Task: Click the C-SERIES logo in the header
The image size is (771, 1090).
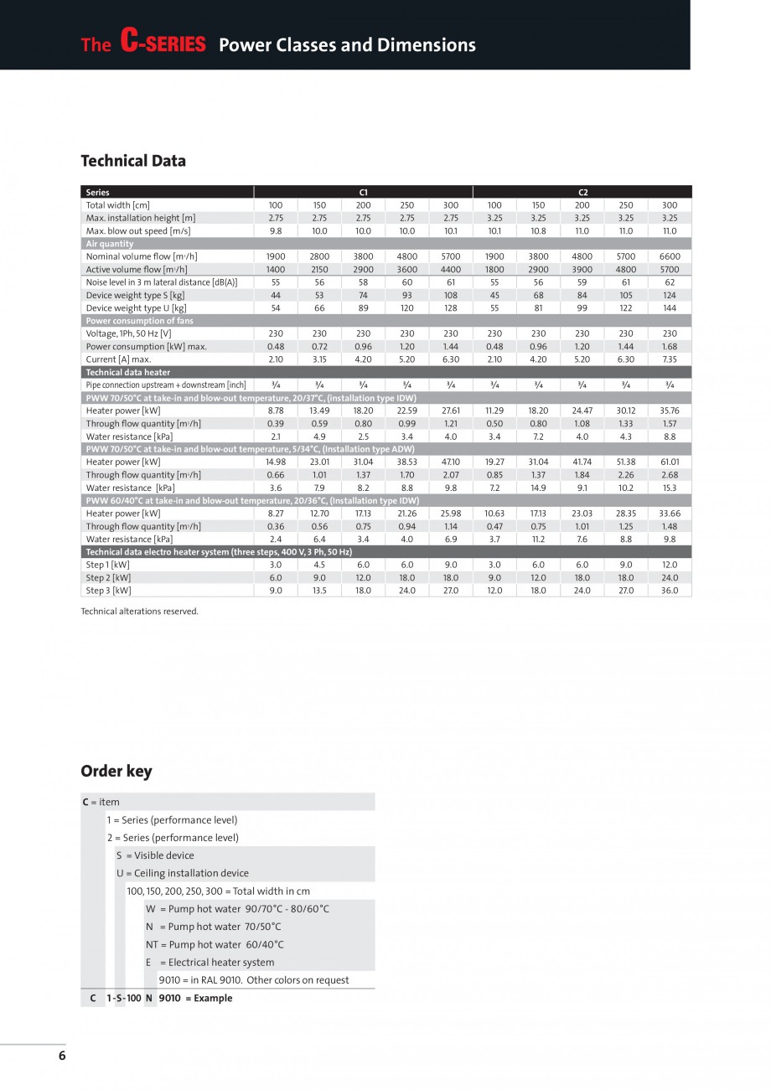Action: (x=163, y=43)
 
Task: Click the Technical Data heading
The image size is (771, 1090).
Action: (x=133, y=161)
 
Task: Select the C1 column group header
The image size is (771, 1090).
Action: (x=363, y=192)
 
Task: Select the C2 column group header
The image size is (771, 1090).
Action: (x=582, y=192)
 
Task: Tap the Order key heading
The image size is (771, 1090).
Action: (x=116, y=771)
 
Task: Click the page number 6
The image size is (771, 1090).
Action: (x=62, y=1056)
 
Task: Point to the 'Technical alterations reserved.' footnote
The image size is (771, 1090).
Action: (x=139, y=611)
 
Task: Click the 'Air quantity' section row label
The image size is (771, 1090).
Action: (x=110, y=244)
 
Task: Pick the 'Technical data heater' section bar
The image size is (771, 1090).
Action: (x=128, y=372)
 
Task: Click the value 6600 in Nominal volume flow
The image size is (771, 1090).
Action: (x=670, y=256)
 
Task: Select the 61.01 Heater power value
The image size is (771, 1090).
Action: (x=670, y=462)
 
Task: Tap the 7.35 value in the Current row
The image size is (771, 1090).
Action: (x=670, y=359)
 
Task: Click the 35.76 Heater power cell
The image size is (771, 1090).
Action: (x=670, y=411)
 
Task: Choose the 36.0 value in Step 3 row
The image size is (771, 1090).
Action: (x=670, y=591)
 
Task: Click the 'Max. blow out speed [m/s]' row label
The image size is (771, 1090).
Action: (x=138, y=230)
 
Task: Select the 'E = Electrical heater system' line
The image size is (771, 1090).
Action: (x=210, y=963)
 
